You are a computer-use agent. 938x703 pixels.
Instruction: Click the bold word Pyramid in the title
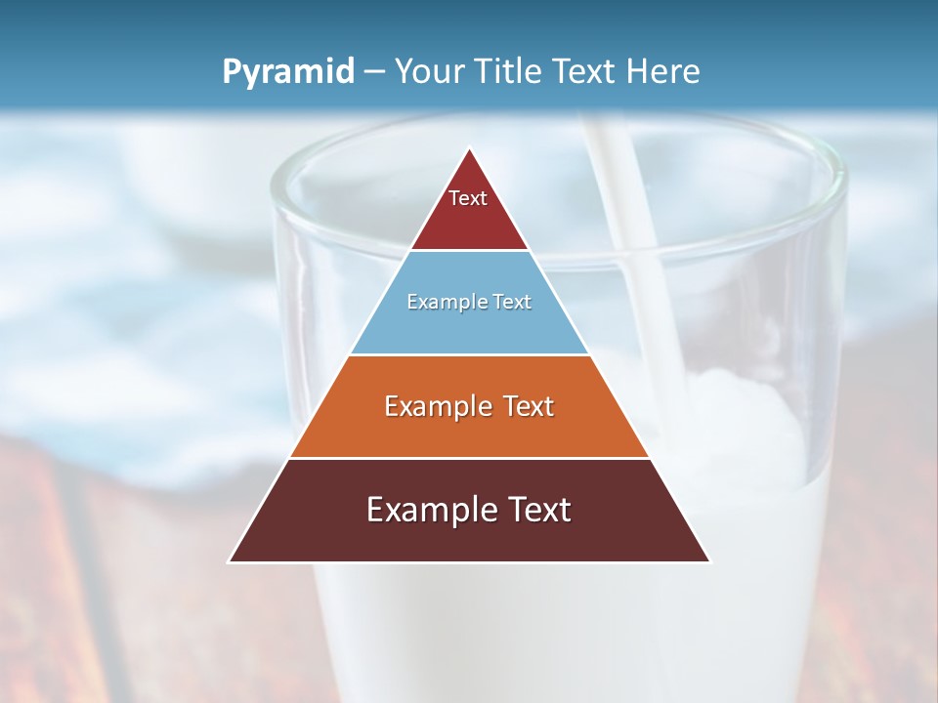287,72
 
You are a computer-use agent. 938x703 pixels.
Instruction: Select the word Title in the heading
508,71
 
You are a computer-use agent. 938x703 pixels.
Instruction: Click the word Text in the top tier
468,198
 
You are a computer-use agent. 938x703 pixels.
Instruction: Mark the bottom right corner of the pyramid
709,561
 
